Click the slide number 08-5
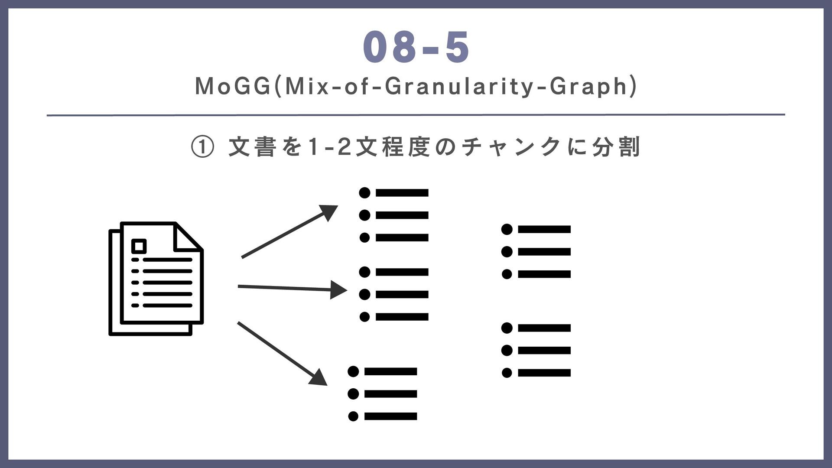[416, 48]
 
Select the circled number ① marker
[202, 147]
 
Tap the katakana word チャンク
[511, 147]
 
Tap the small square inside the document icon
[139, 246]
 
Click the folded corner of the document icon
[188, 237]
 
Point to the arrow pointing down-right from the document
[282, 353]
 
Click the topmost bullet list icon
[394, 215]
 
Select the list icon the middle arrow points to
[394, 294]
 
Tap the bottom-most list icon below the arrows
[383, 394]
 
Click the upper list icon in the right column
[536, 252]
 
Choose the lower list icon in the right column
[536, 350]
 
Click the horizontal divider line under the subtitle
[416, 115]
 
